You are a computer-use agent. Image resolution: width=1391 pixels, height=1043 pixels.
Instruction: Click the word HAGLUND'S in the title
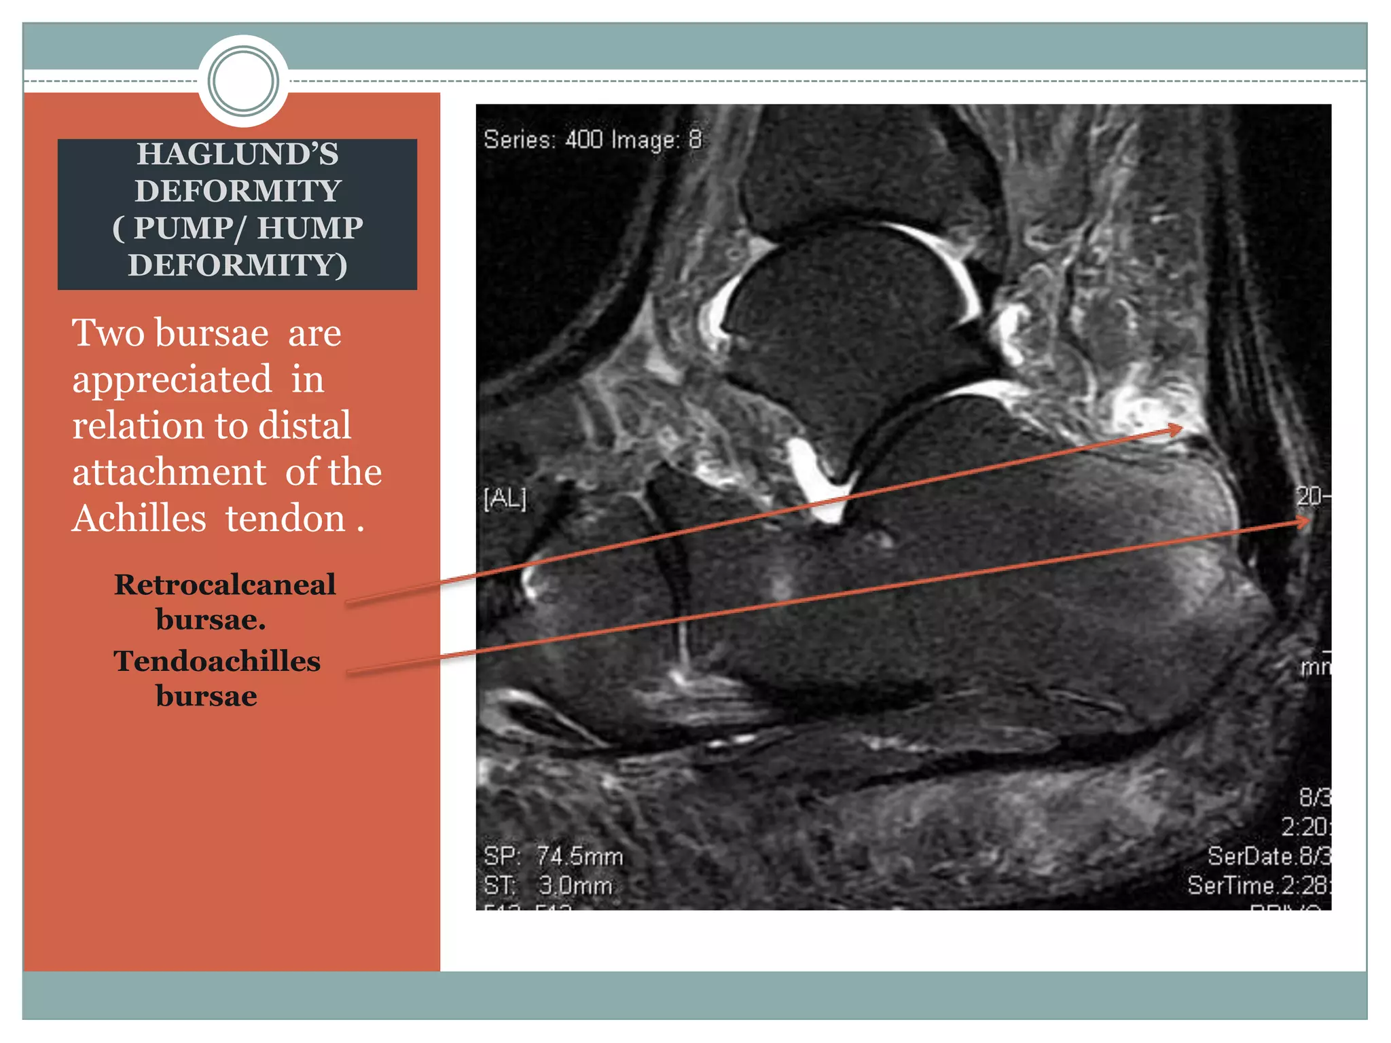[x=237, y=154]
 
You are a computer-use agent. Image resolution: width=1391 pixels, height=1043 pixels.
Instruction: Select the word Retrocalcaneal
[x=225, y=585]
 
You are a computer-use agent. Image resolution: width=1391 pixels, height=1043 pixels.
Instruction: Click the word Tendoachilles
[x=217, y=661]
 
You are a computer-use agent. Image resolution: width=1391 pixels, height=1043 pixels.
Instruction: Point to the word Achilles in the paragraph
[x=139, y=519]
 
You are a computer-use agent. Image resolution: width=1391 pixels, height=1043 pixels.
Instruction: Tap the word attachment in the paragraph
[x=169, y=473]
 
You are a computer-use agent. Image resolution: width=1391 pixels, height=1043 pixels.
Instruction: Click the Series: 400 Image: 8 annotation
[x=592, y=140]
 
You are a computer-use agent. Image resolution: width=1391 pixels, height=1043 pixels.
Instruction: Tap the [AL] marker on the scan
[x=505, y=499]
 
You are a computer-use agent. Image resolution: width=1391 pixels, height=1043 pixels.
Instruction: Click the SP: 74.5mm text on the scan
[x=553, y=856]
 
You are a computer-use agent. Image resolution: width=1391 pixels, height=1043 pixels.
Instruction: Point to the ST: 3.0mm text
[x=547, y=886]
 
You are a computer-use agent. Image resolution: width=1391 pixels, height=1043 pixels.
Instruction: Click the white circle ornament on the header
[x=243, y=81]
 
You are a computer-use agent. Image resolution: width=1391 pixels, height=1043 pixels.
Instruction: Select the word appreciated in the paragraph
[x=172, y=380]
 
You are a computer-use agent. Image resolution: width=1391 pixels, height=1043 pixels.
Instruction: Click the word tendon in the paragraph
[x=285, y=519]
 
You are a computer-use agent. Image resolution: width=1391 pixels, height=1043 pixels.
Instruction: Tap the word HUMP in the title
[x=310, y=228]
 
